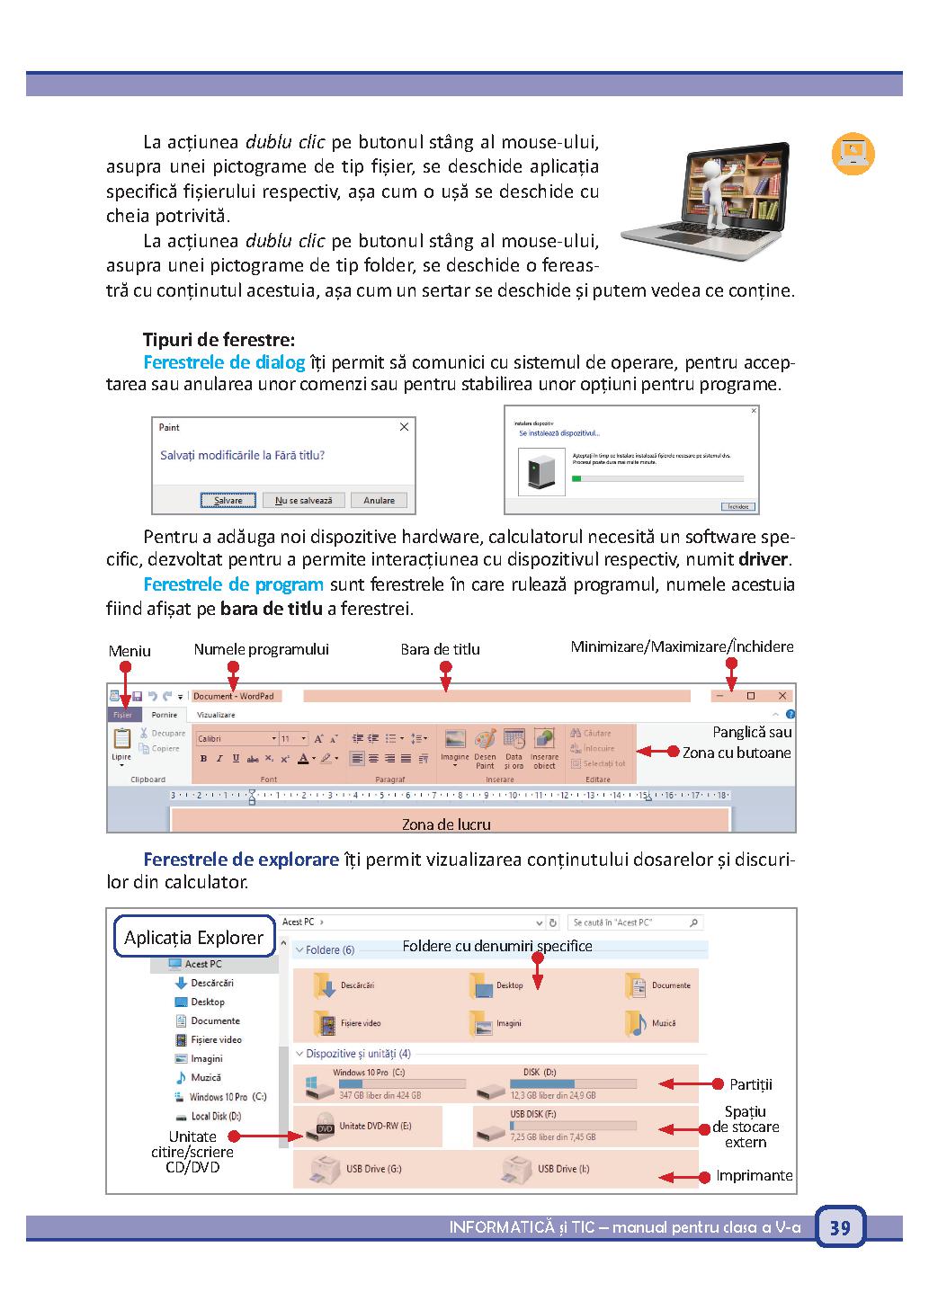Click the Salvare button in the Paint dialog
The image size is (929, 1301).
click(228, 500)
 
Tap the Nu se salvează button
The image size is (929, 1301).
click(304, 500)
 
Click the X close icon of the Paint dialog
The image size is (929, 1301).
click(404, 427)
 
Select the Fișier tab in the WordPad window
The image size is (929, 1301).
click(122, 715)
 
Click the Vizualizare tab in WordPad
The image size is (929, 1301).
click(216, 715)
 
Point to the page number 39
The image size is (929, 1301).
click(840, 1227)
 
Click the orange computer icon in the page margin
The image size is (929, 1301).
click(852, 154)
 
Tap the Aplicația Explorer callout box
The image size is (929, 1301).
click(193, 938)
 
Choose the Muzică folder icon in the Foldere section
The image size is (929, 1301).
click(637, 1022)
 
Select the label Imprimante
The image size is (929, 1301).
click(755, 1175)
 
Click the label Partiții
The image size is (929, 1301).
click(751, 1084)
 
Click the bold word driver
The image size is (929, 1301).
click(764, 560)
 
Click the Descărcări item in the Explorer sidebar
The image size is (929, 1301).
click(211, 983)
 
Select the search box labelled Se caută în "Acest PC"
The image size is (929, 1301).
click(634, 922)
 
